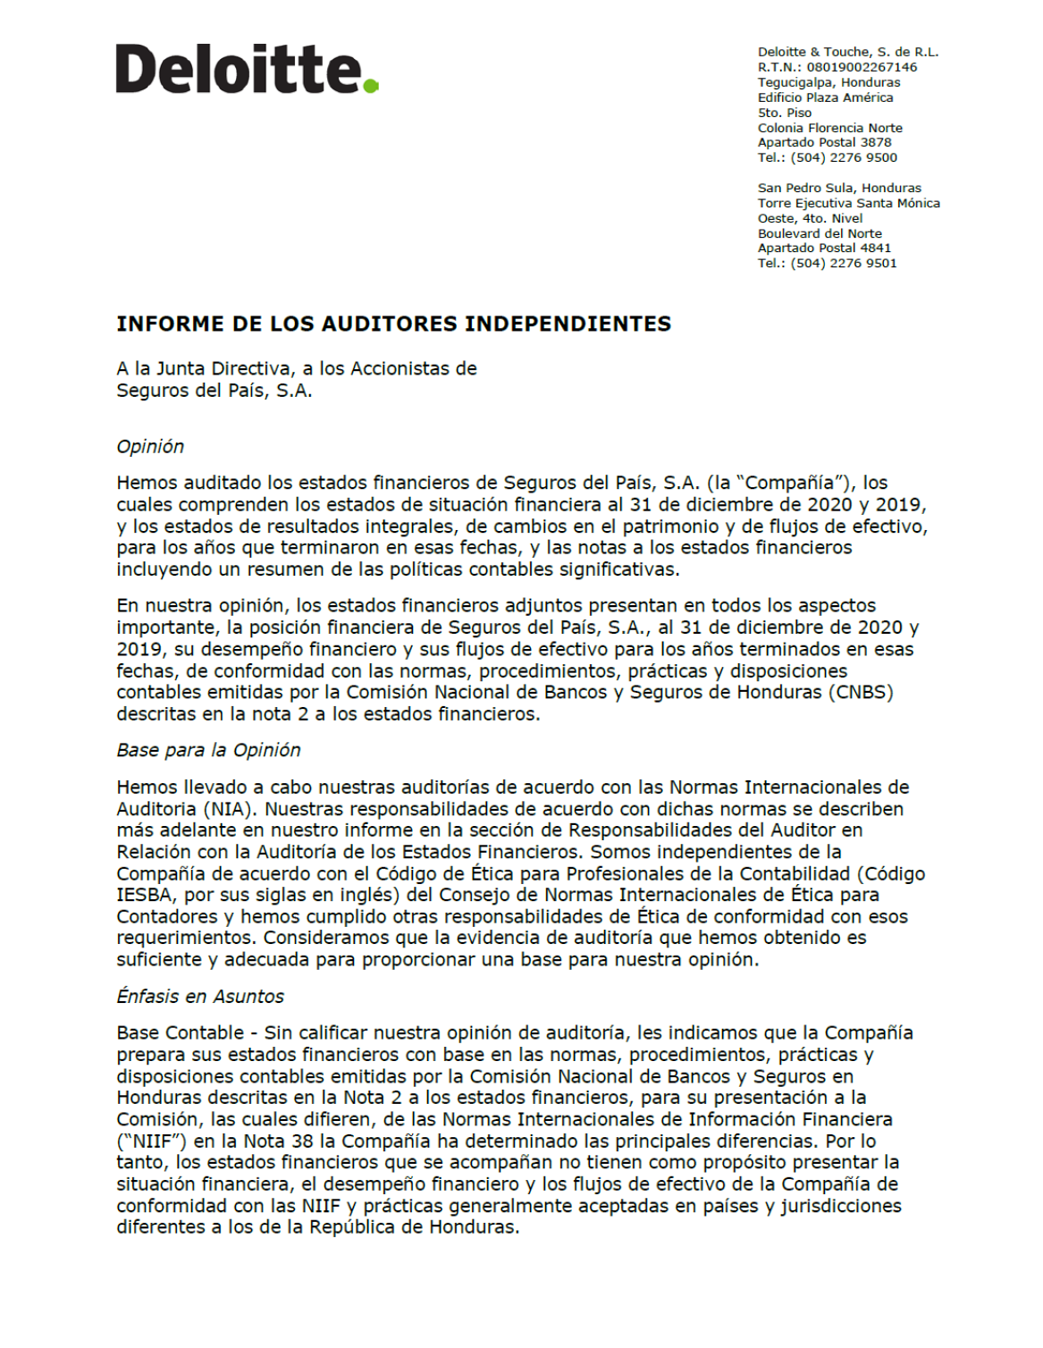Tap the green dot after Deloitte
tap(371, 86)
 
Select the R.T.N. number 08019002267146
tap(862, 67)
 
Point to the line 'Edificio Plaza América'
tap(825, 97)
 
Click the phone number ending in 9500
tap(844, 157)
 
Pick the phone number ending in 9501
tap(844, 263)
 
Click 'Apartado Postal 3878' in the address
tap(824, 142)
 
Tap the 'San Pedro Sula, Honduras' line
tap(839, 188)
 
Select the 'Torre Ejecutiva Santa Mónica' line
tap(848, 203)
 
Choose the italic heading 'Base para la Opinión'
tap(208, 750)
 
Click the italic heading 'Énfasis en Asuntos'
tap(200, 996)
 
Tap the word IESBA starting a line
tap(144, 895)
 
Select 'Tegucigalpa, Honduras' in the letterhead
tap(829, 82)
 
